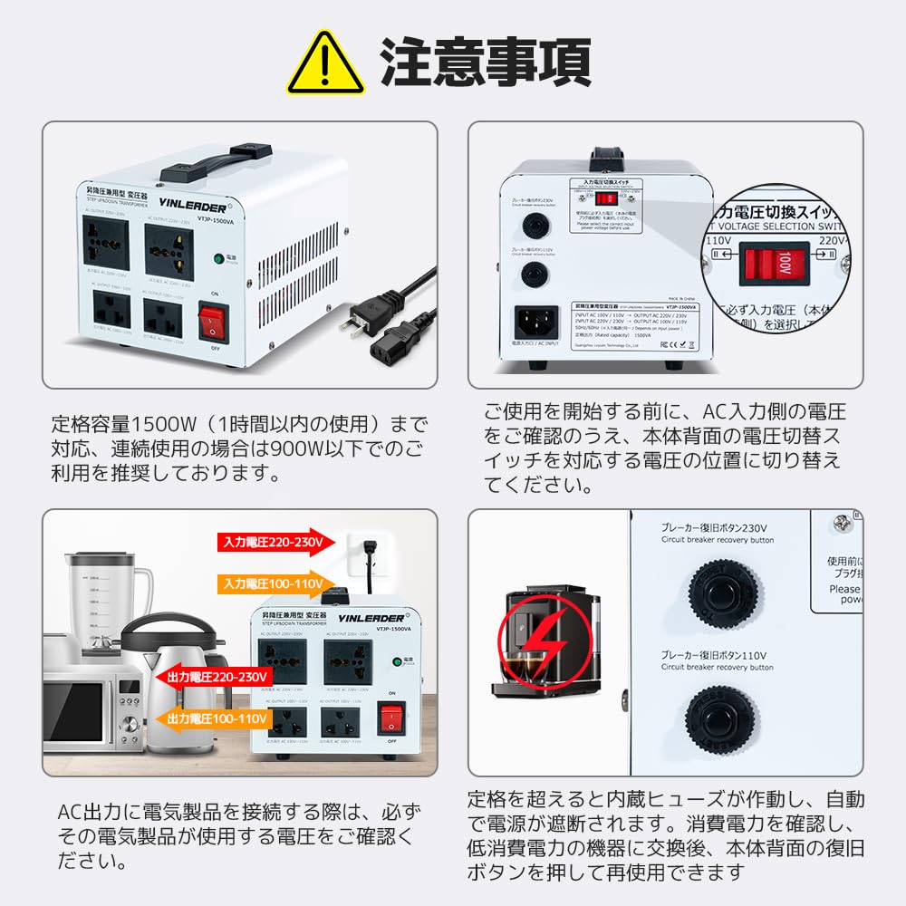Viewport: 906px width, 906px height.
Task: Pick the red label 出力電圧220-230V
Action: [x=214, y=677]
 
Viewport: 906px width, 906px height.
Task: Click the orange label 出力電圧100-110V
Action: [x=214, y=718]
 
